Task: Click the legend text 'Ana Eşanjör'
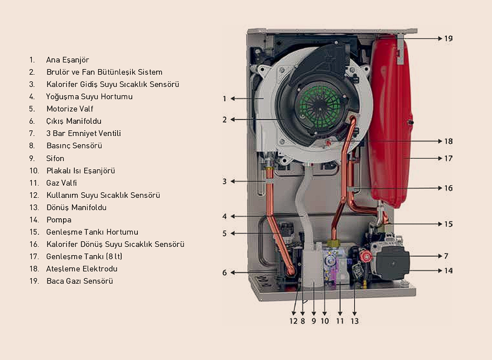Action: [67, 60]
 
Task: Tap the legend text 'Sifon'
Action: [55, 158]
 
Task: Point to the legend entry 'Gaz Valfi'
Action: [62, 183]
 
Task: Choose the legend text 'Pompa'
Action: [59, 220]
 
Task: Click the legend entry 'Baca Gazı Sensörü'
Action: [80, 281]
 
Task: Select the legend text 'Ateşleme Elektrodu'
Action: [81, 269]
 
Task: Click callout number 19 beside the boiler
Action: [448, 39]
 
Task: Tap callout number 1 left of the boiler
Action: [224, 99]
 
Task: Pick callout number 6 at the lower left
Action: [224, 273]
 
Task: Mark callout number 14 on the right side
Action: [448, 271]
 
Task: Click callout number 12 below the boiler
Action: [293, 321]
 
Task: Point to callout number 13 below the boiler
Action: [355, 321]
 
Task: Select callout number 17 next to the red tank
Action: [448, 158]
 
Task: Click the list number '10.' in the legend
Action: [33, 171]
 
